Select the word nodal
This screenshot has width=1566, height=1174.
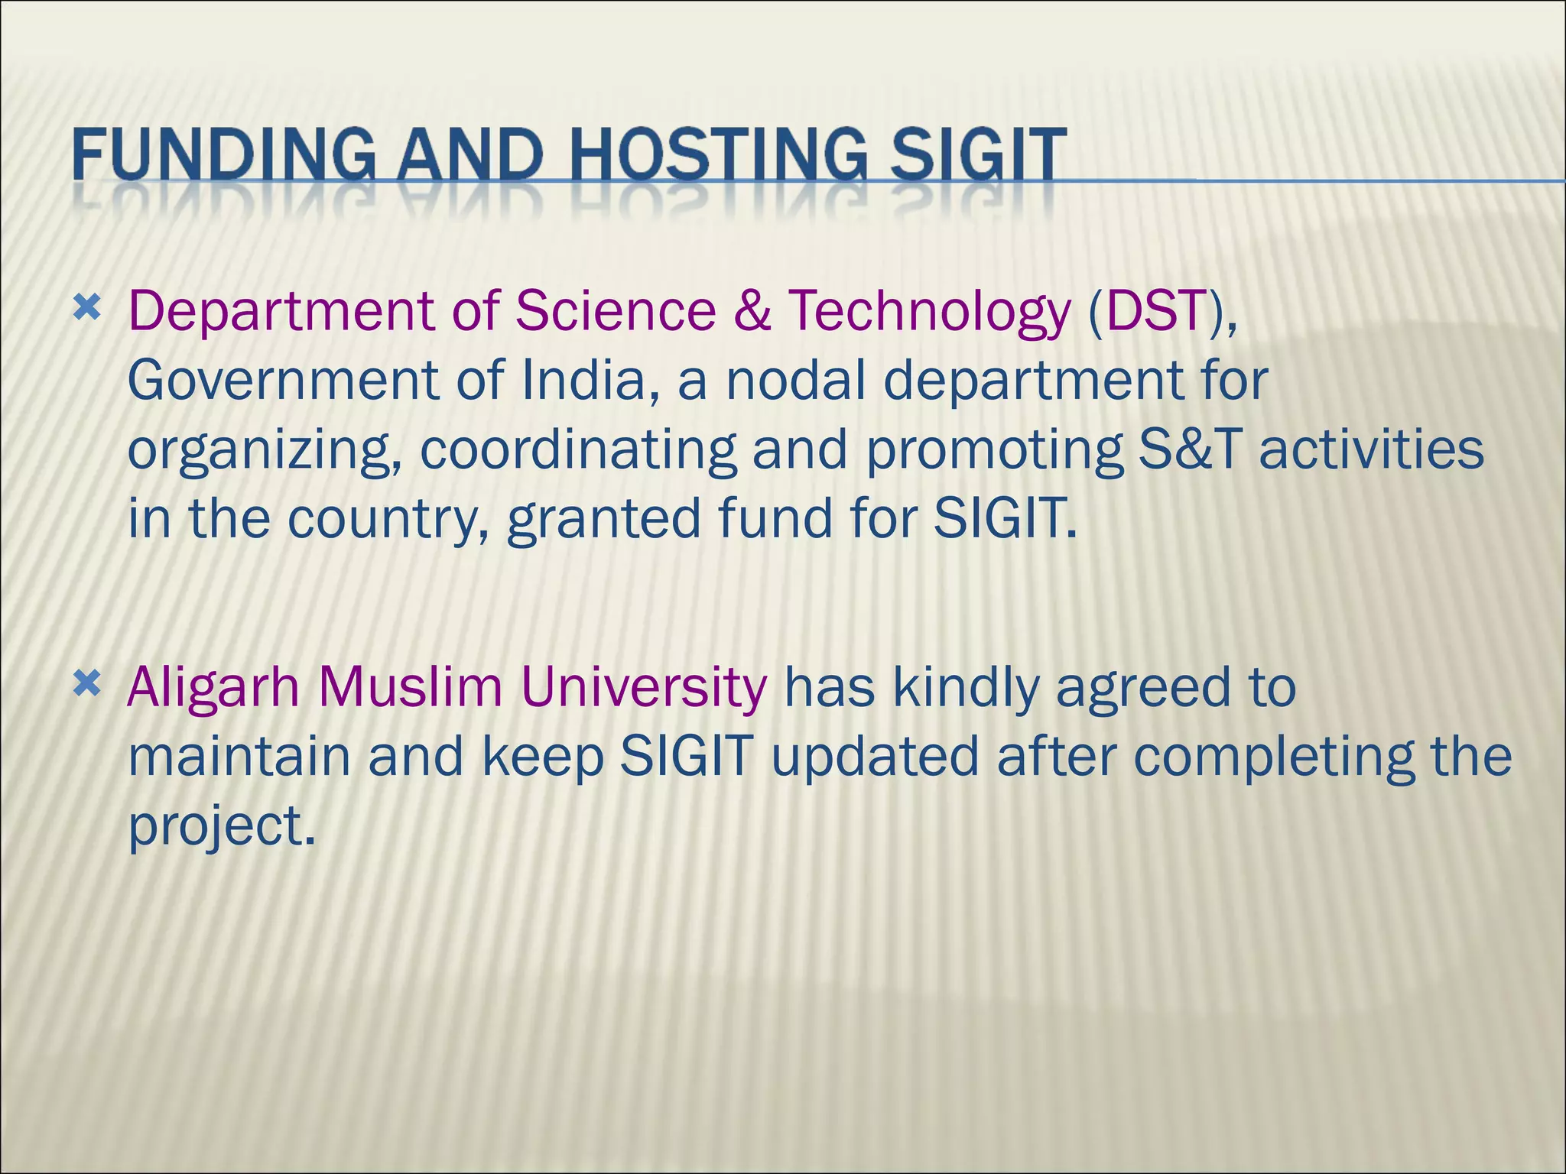coord(794,380)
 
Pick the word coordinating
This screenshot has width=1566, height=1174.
coord(578,451)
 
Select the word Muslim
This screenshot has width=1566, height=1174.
coord(410,686)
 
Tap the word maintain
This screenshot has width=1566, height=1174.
coord(239,757)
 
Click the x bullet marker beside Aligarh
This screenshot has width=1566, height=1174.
coord(87,683)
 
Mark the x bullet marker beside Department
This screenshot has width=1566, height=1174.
coord(87,308)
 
